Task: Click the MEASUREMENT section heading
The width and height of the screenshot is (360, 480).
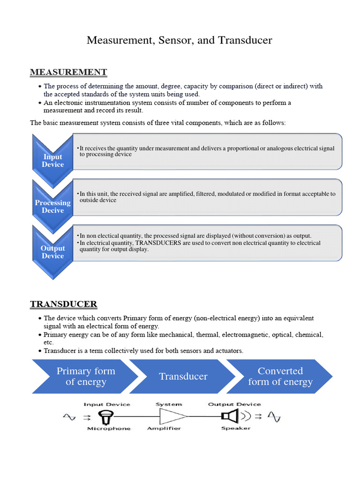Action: tap(68, 72)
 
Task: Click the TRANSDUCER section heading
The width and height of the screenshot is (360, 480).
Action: tap(64, 304)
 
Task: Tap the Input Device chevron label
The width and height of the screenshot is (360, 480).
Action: tap(52, 160)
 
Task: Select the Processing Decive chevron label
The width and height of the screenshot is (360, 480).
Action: tap(52, 206)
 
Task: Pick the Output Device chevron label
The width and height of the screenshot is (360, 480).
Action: tap(52, 252)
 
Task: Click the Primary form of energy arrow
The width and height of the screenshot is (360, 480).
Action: tap(85, 376)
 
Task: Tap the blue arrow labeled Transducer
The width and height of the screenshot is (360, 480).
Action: tap(183, 376)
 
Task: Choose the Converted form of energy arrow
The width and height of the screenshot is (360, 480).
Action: tap(280, 376)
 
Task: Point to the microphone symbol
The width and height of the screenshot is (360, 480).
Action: tap(104, 416)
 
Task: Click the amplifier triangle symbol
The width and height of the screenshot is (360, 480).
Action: tap(173, 416)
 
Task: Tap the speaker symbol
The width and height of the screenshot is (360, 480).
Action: tap(231, 416)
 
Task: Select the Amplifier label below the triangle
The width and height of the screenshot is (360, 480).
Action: tap(164, 428)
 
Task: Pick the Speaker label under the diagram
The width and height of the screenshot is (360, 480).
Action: tap(236, 428)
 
